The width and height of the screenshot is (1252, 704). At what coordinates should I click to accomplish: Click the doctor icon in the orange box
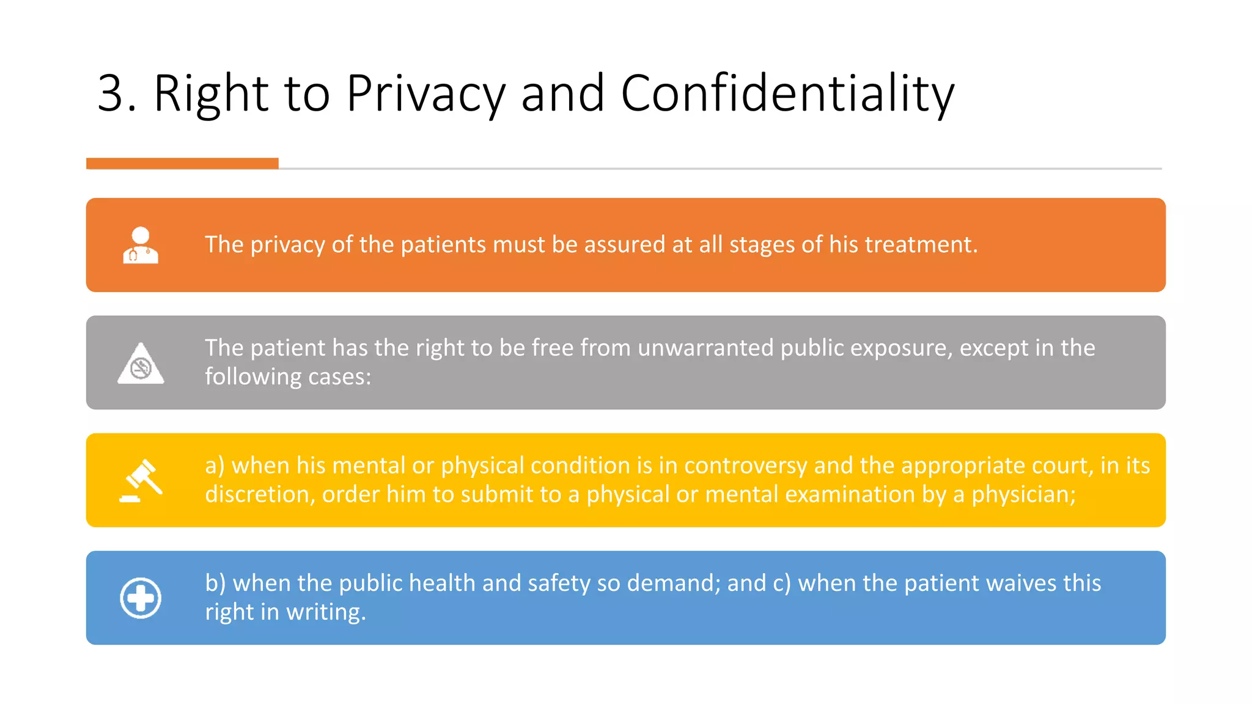tap(141, 245)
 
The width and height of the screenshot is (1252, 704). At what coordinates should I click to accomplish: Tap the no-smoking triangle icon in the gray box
tap(141, 364)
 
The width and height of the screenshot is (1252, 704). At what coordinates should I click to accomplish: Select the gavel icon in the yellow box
tap(141, 481)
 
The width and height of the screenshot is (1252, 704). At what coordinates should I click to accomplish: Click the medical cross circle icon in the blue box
tap(141, 598)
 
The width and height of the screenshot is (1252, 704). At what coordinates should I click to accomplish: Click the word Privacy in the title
tap(425, 94)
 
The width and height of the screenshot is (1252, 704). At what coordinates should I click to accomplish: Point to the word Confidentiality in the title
tap(787, 94)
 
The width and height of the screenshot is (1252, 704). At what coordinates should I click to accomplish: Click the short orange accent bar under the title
tap(182, 163)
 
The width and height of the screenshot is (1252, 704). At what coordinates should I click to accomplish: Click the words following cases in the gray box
tap(287, 376)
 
